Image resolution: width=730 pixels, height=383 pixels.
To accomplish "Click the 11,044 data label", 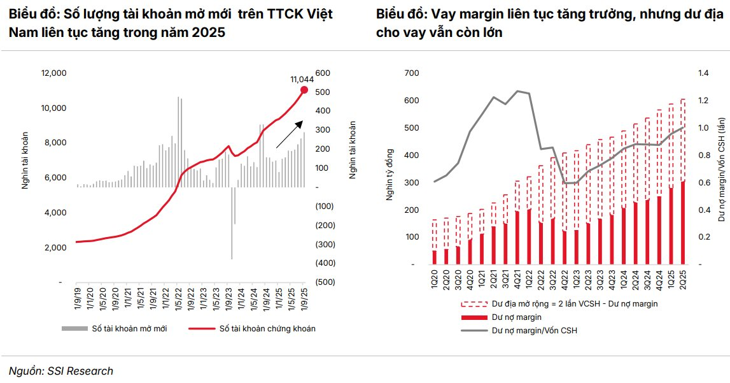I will (303, 79).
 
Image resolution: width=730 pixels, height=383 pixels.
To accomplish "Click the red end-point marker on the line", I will (304, 89).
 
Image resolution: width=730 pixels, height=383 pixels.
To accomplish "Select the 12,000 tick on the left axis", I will (53, 73).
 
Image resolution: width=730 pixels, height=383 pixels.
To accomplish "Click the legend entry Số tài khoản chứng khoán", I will (267, 328).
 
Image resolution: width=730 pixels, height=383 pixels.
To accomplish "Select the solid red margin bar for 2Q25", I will (683, 222).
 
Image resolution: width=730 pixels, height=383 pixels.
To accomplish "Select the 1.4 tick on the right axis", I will (705, 73).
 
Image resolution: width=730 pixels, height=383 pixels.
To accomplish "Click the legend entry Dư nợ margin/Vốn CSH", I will (534, 331).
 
